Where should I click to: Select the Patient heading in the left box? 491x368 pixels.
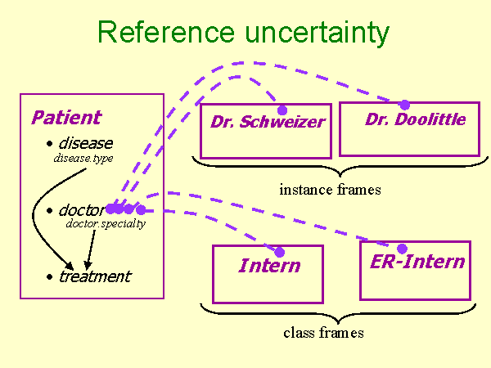point(66,118)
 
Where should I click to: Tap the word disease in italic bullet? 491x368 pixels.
point(85,144)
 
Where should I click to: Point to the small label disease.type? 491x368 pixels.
point(83,158)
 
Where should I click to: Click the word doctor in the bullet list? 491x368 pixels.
point(81,210)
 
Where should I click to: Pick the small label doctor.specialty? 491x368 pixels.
point(106,223)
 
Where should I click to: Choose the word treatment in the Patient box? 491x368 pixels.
point(94,276)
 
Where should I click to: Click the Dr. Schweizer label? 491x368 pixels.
point(268,123)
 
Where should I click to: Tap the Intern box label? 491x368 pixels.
point(269,266)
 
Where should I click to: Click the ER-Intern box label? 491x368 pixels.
point(417,262)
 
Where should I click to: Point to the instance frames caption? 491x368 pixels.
point(330,190)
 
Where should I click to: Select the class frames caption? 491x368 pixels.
point(323,333)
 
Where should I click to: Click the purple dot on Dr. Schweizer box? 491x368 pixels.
point(282,110)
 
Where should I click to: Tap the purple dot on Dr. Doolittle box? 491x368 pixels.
point(404,105)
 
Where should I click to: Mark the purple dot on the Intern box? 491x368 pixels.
point(279,253)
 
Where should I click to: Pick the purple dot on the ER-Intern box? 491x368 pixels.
point(402,249)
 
